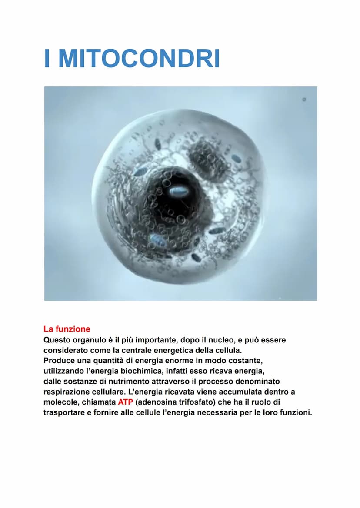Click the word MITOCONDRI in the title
139,59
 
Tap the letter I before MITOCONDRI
47,59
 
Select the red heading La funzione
67,329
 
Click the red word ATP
125,402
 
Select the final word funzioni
295,412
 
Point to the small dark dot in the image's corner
304,100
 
